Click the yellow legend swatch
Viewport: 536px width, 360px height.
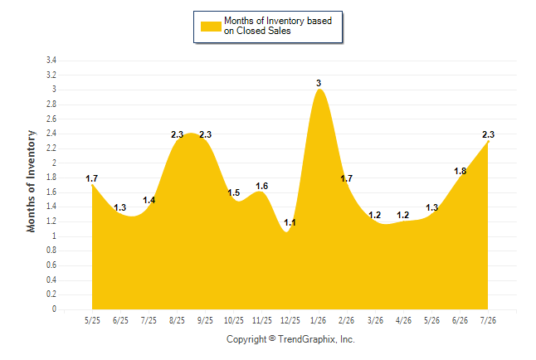[x=211, y=27]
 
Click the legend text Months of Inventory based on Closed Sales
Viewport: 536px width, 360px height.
[x=278, y=26]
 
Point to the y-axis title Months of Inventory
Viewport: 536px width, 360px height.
[x=31, y=181]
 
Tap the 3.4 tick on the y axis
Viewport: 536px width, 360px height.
[x=51, y=61]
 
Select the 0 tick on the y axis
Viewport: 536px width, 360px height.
[x=54, y=309]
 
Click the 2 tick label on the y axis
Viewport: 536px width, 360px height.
[x=54, y=163]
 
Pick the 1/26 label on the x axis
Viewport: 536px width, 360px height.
[x=318, y=320]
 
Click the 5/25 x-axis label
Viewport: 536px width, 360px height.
[x=92, y=320]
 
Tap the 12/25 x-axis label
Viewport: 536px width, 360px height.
[x=290, y=320]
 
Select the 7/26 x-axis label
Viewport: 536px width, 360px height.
[x=488, y=320]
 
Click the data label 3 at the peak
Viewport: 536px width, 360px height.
[x=319, y=83]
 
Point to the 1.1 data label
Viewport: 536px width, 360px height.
[x=290, y=222]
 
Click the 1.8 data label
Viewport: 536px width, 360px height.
[x=460, y=171]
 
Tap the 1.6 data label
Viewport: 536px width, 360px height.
[x=262, y=186]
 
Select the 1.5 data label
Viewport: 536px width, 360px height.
[x=234, y=192]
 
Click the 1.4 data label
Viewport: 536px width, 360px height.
[x=149, y=200]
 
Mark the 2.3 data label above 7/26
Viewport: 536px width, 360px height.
[x=489, y=134]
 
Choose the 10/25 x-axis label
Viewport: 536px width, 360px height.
[x=234, y=320]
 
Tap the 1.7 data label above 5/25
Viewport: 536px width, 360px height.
[x=91, y=178]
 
